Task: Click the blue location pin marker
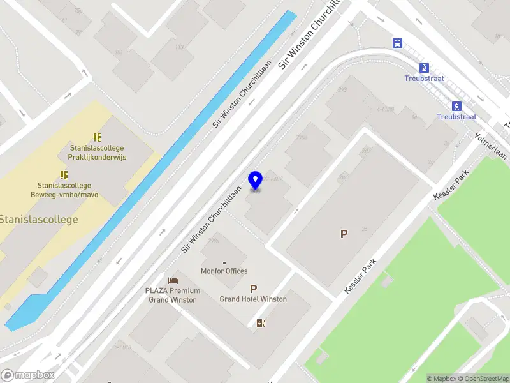(x=256, y=181)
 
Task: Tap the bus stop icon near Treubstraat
(x=397, y=43)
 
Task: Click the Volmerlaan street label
(x=490, y=146)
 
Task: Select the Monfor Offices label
(x=224, y=271)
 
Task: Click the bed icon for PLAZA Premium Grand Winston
(x=173, y=281)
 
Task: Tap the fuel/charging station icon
(x=261, y=323)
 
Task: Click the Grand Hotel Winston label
(x=253, y=299)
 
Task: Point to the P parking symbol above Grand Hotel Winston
(x=254, y=289)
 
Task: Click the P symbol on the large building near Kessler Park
(x=344, y=234)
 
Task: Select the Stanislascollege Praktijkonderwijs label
(x=97, y=153)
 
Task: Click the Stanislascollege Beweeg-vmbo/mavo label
(x=64, y=190)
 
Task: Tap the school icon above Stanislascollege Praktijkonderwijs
(x=97, y=137)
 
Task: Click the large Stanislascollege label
(x=38, y=220)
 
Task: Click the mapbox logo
(x=27, y=375)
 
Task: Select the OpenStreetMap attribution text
(x=482, y=379)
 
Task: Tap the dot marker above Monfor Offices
(x=224, y=262)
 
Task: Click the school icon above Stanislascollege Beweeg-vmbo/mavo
(x=64, y=175)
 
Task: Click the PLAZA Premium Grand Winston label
(x=172, y=295)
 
